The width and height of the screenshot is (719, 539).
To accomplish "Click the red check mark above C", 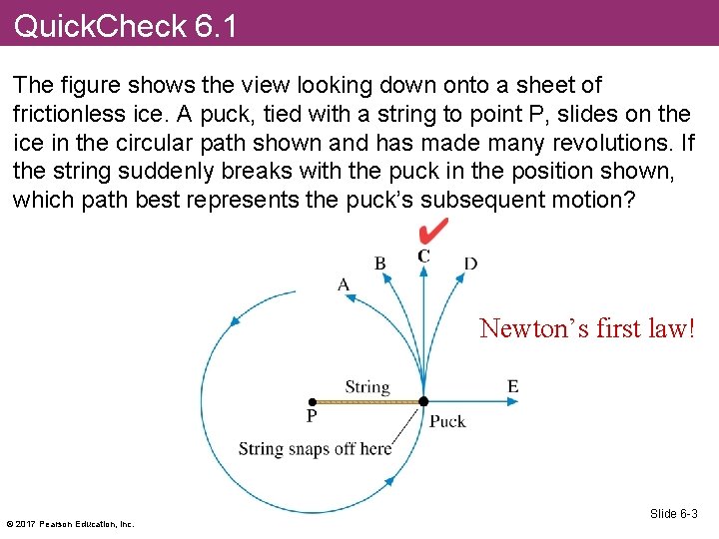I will click(x=433, y=232).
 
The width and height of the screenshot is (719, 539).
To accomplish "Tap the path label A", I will click(x=344, y=284).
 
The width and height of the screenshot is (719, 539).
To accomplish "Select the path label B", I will click(x=380, y=264).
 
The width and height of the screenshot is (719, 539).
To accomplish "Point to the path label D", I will click(x=470, y=264).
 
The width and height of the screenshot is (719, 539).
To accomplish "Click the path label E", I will click(x=512, y=386).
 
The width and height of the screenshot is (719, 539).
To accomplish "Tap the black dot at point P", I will click(x=313, y=401).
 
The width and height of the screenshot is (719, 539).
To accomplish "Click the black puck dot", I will click(x=423, y=401).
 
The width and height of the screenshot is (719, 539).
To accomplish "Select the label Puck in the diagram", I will click(x=447, y=421).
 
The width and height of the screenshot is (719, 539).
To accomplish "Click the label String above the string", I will click(x=366, y=386).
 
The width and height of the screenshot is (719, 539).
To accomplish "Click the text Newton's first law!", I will click(x=586, y=327).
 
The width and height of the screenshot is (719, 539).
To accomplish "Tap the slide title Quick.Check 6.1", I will click(x=126, y=25).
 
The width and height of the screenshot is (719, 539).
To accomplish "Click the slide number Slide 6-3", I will click(x=673, y=513).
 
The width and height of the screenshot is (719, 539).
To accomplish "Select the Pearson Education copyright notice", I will click(x=70, y=523).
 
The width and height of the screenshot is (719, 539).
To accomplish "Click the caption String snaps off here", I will click(x=315, y=448).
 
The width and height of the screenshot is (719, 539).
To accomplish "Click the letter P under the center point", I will click(x=312, y=417).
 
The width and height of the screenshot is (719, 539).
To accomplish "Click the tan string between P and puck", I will click(x=367, y=401).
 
